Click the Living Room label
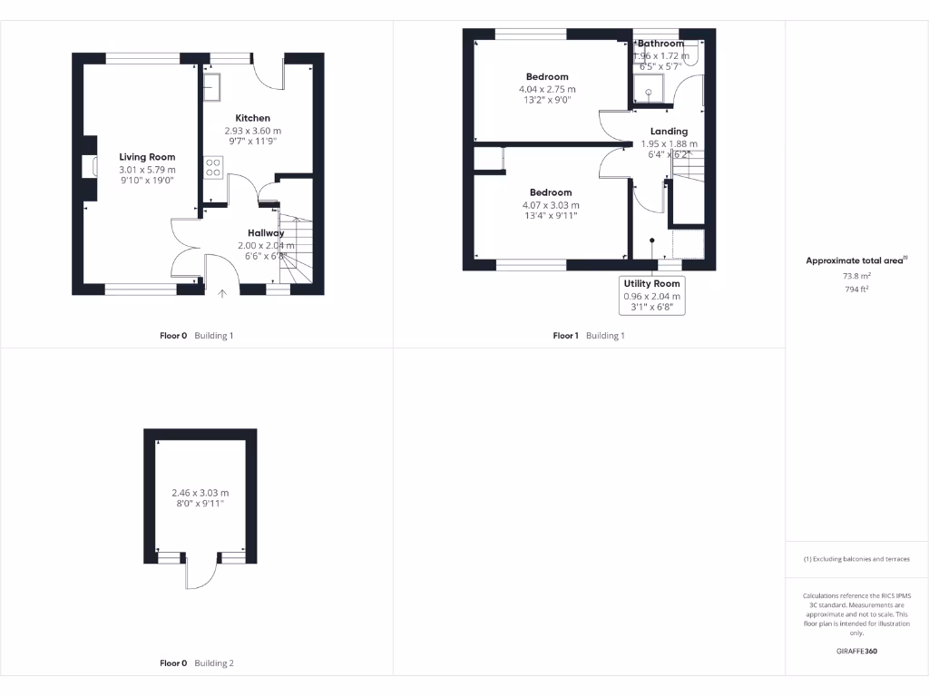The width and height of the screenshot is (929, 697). pyautogui.click(x=147, y=157)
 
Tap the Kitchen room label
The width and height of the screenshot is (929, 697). pyautogui.click(x=252, y=118)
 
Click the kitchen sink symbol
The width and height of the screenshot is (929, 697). pyautogui.click(x=211, y=87)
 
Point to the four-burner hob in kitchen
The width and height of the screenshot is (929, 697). pyautogui.click(x=213, y=168)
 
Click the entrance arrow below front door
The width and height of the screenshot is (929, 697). pyautogui.click(x=223, y=293)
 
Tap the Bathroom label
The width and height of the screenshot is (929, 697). pyautogui.click(x=660, y=44)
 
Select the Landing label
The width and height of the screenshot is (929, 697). pyautogui.click(x=669, y=132)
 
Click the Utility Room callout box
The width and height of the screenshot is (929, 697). pyautogui.click(x=651, y=296)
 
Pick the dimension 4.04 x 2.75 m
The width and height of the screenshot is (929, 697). pyautogui.click(x=547, y=89)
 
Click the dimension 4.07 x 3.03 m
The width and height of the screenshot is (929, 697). pyautogui.click(x=551, y=204)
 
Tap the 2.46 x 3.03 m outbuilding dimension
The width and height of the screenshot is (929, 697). pyautogui.click(x=200, y=493)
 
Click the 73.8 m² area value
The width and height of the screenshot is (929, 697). pyautogui.click(x=856, y=277)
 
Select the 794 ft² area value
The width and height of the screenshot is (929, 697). pyautogui.click(x=856, y=290)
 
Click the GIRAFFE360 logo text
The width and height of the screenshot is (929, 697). pyautogui.click(x=856, y=651)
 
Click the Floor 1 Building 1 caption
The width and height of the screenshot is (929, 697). pyautogui.click(x=589, y=336)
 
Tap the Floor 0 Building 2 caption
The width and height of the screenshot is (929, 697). pyautogui.click(x=196, y=663)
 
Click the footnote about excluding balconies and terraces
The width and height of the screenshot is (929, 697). pyautogui.click(x=856, y=559)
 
